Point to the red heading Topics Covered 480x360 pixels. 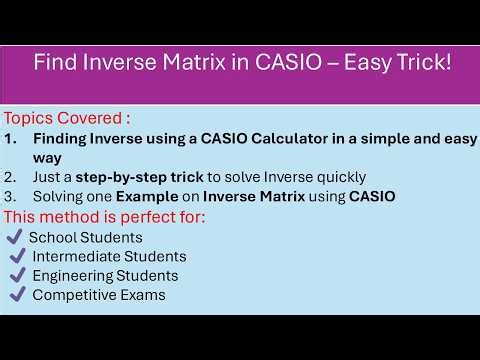(x=68, y=117)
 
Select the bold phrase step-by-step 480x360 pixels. (x=123, y=177)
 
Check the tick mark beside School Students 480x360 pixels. (x=14, y=237)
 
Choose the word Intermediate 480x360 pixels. (x=75, y=256)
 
